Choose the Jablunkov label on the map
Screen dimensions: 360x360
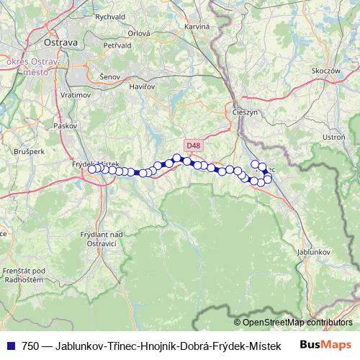pyautogui.click(x=313, y=253)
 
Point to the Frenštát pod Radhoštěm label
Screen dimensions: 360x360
pyautogui.click(x=24, y=274)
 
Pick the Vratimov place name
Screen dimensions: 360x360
pyautogui.click(x=75, y=94)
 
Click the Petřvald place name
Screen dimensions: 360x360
pyautogui.click(x=117, y=45)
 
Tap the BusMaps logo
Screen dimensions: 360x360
pyautogui.click(x=326, y=345)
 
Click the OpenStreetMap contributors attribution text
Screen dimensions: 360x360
pyautogui.click(x=297, y=322)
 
